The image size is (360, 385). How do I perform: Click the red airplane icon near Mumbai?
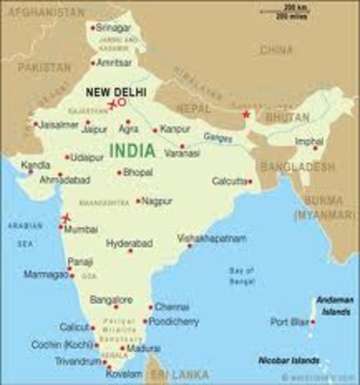click(65, 217)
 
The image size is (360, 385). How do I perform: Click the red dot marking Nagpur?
click(138, 201)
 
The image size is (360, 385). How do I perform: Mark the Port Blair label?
click(289, 322)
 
